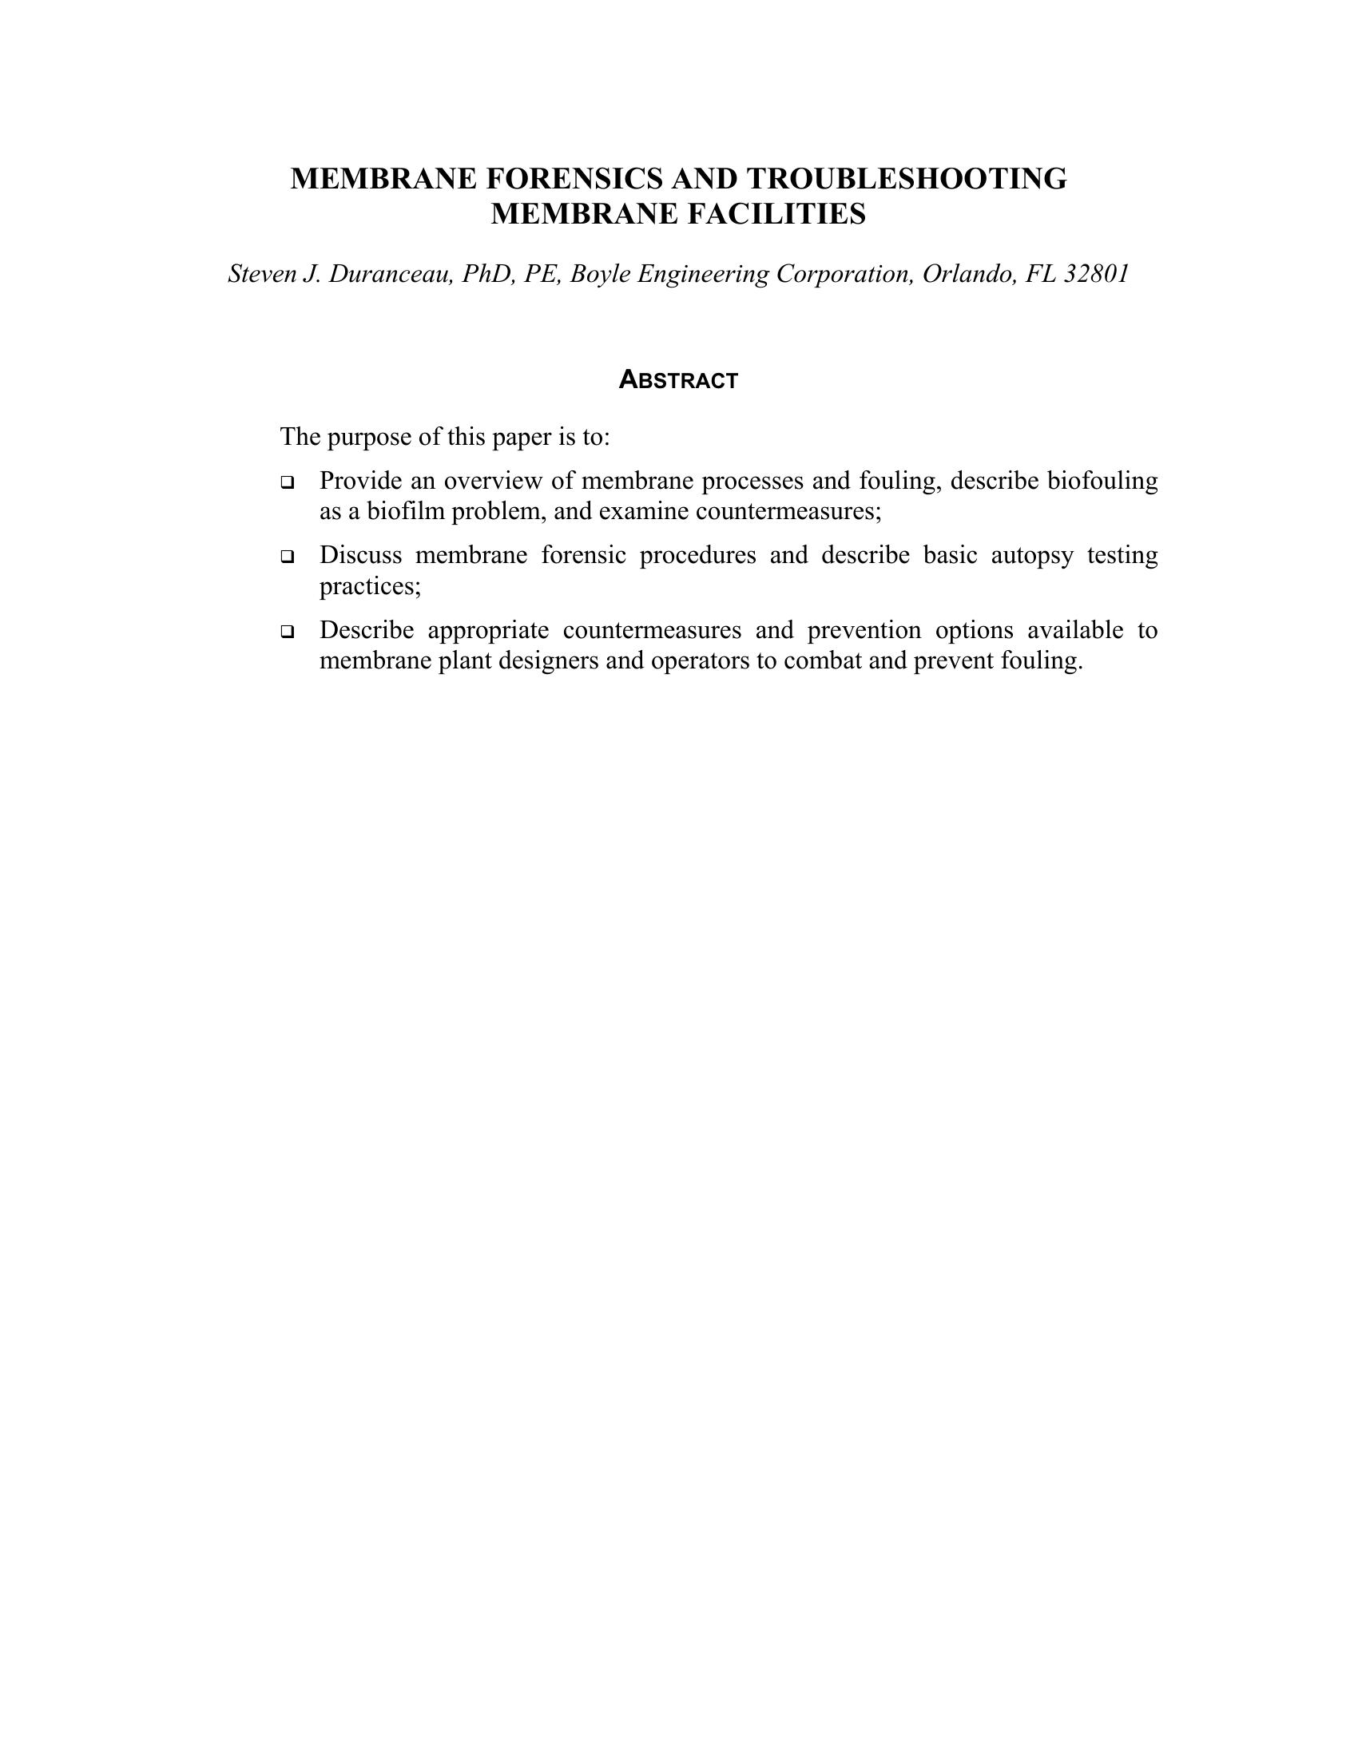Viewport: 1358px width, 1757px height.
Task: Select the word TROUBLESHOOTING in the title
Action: (907, 179)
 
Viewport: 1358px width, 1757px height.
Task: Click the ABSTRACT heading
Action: (678, 380)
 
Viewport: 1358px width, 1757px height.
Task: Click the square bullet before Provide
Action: (288, 482)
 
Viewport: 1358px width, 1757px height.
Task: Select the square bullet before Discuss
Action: (288, 557)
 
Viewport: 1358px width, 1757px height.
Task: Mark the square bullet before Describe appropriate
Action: (288, 632)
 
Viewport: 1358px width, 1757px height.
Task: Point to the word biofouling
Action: (1102, 481)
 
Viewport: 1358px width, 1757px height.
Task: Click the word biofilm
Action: (407, 512)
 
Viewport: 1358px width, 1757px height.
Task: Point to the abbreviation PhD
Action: (488, 274)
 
